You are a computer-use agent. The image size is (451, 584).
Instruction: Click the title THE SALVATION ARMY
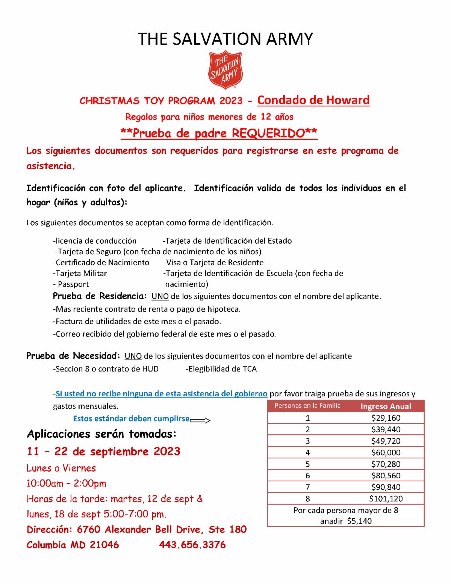click(225, 39)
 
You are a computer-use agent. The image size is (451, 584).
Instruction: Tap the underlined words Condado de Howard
click(313, 100)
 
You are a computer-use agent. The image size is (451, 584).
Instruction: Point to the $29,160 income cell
click(386, 418)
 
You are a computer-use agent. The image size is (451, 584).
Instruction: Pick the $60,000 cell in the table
click(386, 452)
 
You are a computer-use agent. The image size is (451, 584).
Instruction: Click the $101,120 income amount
click(386, 499)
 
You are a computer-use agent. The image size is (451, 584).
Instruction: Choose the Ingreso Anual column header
click(386, 406)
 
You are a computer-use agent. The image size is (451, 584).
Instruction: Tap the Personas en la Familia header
click(307, 405)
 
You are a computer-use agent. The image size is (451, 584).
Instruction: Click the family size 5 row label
click(308, 464)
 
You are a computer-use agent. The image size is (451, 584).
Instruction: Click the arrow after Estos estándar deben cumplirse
click(200, 420)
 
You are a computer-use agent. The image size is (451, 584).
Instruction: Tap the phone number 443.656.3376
click(192, 545)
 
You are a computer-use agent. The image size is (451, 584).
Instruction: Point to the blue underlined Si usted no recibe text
click(161, 394)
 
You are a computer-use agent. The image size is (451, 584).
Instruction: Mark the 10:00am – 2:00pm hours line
click(66, 483)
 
